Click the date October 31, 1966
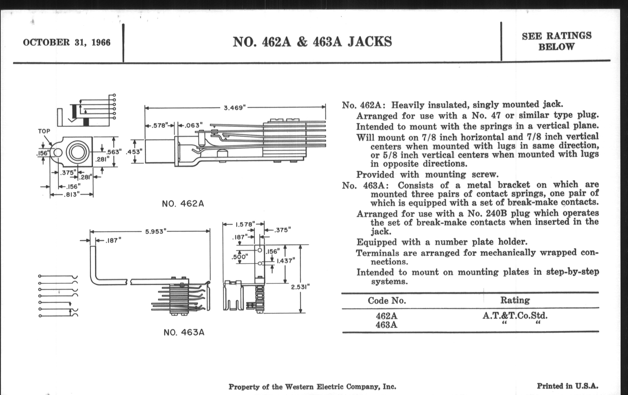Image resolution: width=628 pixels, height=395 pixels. pyautogui.click(x=67, y=42)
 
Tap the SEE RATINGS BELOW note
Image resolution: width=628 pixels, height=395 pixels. pyautogui.click(x=556, y=42)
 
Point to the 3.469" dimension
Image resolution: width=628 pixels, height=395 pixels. pyautogui.click(x=235, y=108)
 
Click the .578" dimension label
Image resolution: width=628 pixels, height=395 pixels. pyautogui.click(x=159, y=125)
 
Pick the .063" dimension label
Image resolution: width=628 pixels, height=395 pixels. pyautogui.click(x=193, y=125)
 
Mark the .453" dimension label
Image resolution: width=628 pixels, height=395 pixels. pyautogui.click(x=134, y=152)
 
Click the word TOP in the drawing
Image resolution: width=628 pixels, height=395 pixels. pyautogui.click(x=44, y=131)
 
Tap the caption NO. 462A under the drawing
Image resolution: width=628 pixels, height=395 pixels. pyautogui.click(x=183, y=204)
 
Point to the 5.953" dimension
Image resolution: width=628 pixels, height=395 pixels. pyautogui.click(x=156, y=232)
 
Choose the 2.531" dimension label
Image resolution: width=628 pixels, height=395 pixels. pyautogui.click(x=300, y=287)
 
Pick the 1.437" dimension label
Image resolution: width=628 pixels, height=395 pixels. pyautogui.click(x=286, y=261)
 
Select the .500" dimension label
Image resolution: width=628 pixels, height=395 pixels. pyautogui.click(x=239, y=257)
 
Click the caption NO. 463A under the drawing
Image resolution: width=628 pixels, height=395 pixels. pyautogui.click(x=184, y=333)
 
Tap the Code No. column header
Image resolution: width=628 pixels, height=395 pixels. pyautogui.click(x=387, y=301)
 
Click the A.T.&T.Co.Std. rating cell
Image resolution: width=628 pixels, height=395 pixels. pyautogui.click(x=515, y=316)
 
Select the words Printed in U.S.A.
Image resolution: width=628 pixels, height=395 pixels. pyautogui.click(x=568, y=386)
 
